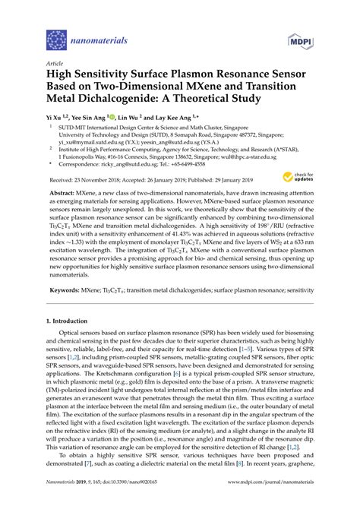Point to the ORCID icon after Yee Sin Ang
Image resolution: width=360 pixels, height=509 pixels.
pos(112,119)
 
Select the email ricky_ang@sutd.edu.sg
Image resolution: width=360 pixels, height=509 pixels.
pos(139,163)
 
